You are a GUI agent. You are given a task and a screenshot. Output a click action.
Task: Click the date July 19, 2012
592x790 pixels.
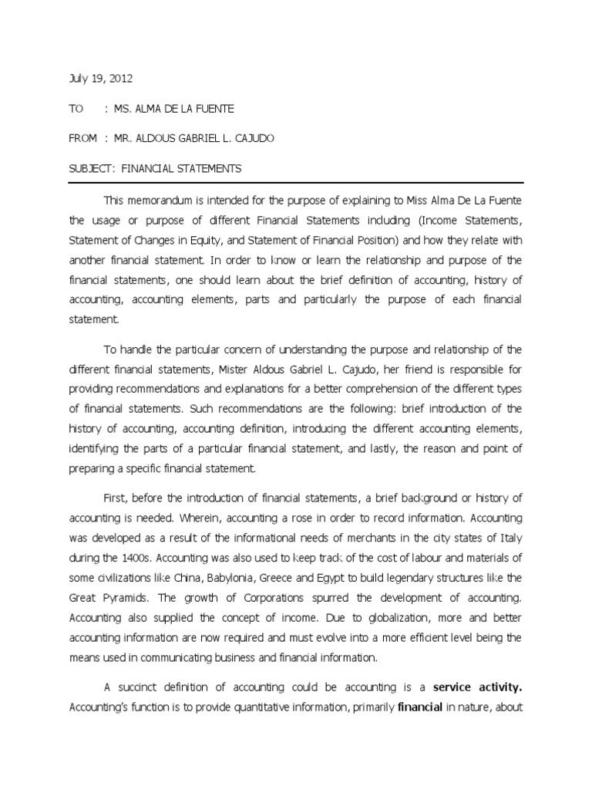[x=95, y=79]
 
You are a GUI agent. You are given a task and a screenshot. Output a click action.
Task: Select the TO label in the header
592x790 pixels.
[x=76, y=109]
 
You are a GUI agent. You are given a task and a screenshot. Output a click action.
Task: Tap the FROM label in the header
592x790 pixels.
[x=82, y=138]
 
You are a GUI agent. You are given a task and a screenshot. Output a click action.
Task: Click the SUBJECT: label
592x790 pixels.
[x=91, y=168]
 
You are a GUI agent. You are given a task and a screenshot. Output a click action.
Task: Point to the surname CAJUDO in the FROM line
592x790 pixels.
[x=251, y=138]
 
